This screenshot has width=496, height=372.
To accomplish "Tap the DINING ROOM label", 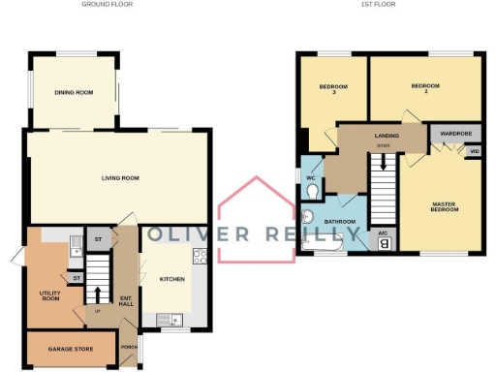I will pyautogui.click(x=74, y=92).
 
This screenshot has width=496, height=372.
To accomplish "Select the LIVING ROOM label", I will pyautogui.click(x=121, y=178).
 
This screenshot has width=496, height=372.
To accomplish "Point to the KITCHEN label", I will pyautogui.click(x=172, y=279).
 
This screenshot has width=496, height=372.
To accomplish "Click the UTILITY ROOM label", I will pyautogui.click(x=50, y=294).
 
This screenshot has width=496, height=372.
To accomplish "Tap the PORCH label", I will pyautogui.click(x=127, y=347).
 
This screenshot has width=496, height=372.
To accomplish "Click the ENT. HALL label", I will pyautogui.click(x=125, y=301).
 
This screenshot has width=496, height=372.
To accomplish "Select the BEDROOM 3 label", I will pyautogui.click(x=332, y=90).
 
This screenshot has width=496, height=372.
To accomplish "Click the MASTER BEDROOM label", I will pyautogui.click(x=444, y=207).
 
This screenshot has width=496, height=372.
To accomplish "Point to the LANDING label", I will pyautogui.click(x=384, y=137).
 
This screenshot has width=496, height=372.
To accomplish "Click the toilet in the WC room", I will pyautogui.click(x=311, y=191).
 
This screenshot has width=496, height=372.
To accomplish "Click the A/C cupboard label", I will pyautogui.click(x=384, y=234).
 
